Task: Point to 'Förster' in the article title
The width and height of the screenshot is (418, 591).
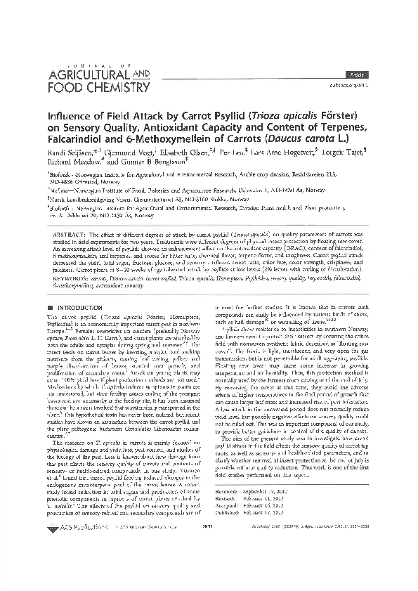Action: (340, 115)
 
